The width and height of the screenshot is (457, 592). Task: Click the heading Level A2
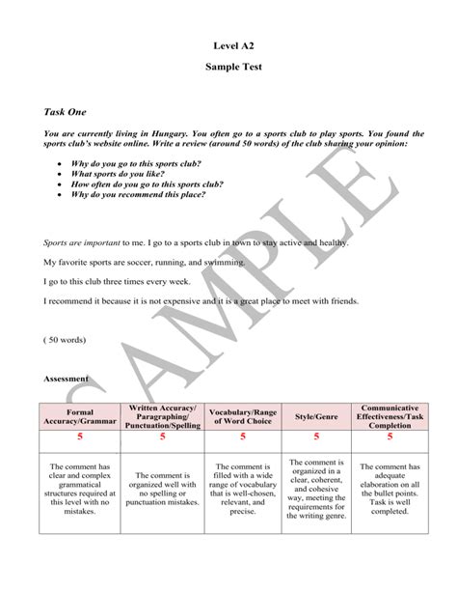(232, 44)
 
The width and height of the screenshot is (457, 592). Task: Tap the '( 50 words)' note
(65, 341)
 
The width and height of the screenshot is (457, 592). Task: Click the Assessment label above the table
(66, 379)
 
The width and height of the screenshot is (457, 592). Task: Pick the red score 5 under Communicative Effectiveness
(390, 437)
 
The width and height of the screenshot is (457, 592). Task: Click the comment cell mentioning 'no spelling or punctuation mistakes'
(162, 489)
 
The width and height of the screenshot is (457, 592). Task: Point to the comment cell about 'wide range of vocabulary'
(243, 489)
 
